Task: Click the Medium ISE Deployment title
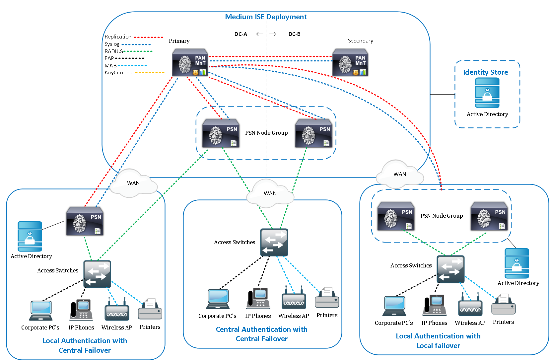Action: point(266,17)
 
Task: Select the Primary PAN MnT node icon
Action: point(190,63)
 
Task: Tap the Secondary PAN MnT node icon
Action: point(350,63)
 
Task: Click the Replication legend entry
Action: point(118,37)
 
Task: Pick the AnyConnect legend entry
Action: point(119,73)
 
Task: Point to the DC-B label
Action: point(294,34)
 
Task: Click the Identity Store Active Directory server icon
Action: point(487,93)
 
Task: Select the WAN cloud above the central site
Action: point(270,193)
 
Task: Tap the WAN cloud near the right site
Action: point(400,174)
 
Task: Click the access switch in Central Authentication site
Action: point(274,242)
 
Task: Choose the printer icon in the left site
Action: point(150,309)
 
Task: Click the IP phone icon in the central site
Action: point(258,298)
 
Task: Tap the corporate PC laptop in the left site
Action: point(40,311)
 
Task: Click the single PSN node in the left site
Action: point(85,221)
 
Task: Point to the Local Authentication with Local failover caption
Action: point(438,341)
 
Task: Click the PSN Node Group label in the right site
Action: point(442,216)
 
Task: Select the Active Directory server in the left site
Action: point(30,237)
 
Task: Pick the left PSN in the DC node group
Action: point(221,133)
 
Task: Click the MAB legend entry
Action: point(111,66)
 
